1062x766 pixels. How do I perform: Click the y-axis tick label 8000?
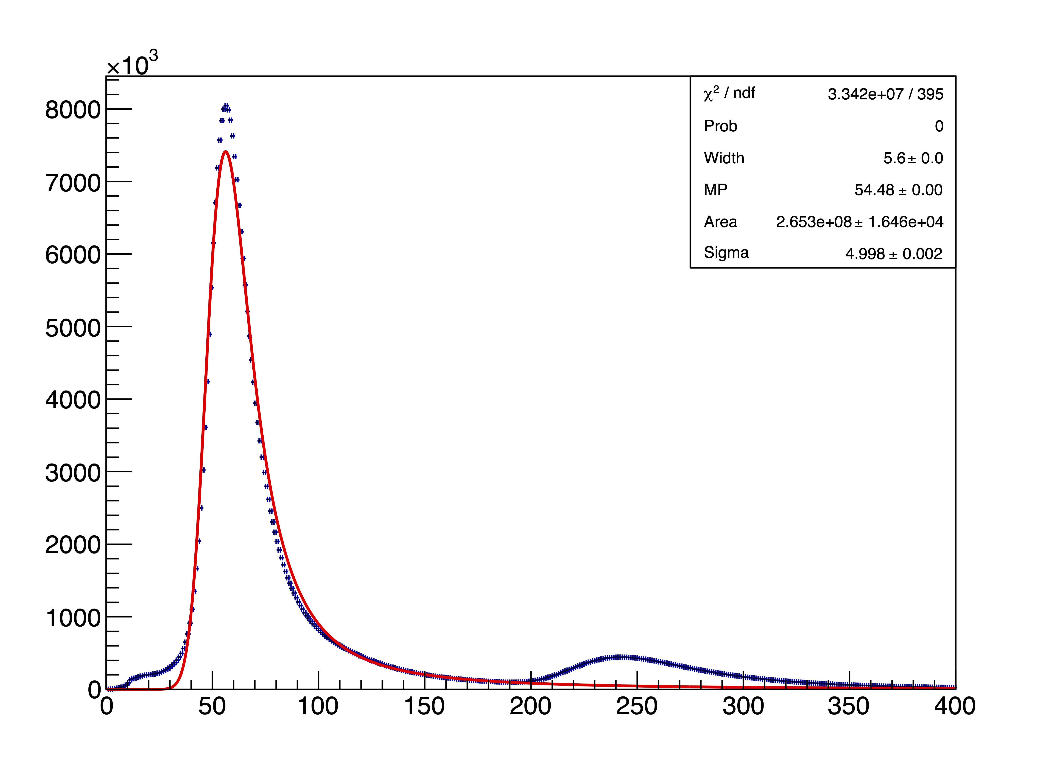pos(73,111)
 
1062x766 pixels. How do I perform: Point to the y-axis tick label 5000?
pos(73,328)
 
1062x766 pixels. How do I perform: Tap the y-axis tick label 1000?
pos(73,618)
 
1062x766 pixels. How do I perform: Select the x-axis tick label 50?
pos(212,706)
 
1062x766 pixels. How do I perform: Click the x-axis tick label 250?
pos(636,706)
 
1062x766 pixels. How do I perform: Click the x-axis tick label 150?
pos(424,706)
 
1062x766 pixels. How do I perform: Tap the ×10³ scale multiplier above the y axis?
pos(133,64)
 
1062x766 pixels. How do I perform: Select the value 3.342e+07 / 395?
pos(885,94)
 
